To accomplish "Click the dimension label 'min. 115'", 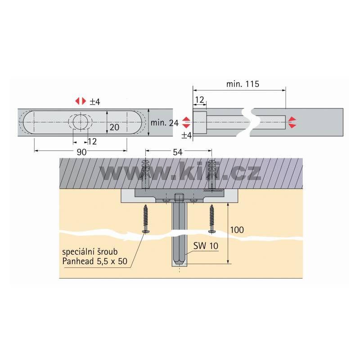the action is [x=243, y=84].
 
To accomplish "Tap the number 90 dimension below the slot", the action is [x=81, y=152].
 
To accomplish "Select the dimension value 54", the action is [x=177, y=152].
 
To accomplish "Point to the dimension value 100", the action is [x=237, y=230].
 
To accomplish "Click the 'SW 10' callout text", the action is [x=206, y=246].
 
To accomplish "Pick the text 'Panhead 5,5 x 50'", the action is [x=95, y=261].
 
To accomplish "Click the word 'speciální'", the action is [x=76, y=252].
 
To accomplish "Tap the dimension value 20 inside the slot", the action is [x=114, y=127].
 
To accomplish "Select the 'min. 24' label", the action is [x=164, y=123].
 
